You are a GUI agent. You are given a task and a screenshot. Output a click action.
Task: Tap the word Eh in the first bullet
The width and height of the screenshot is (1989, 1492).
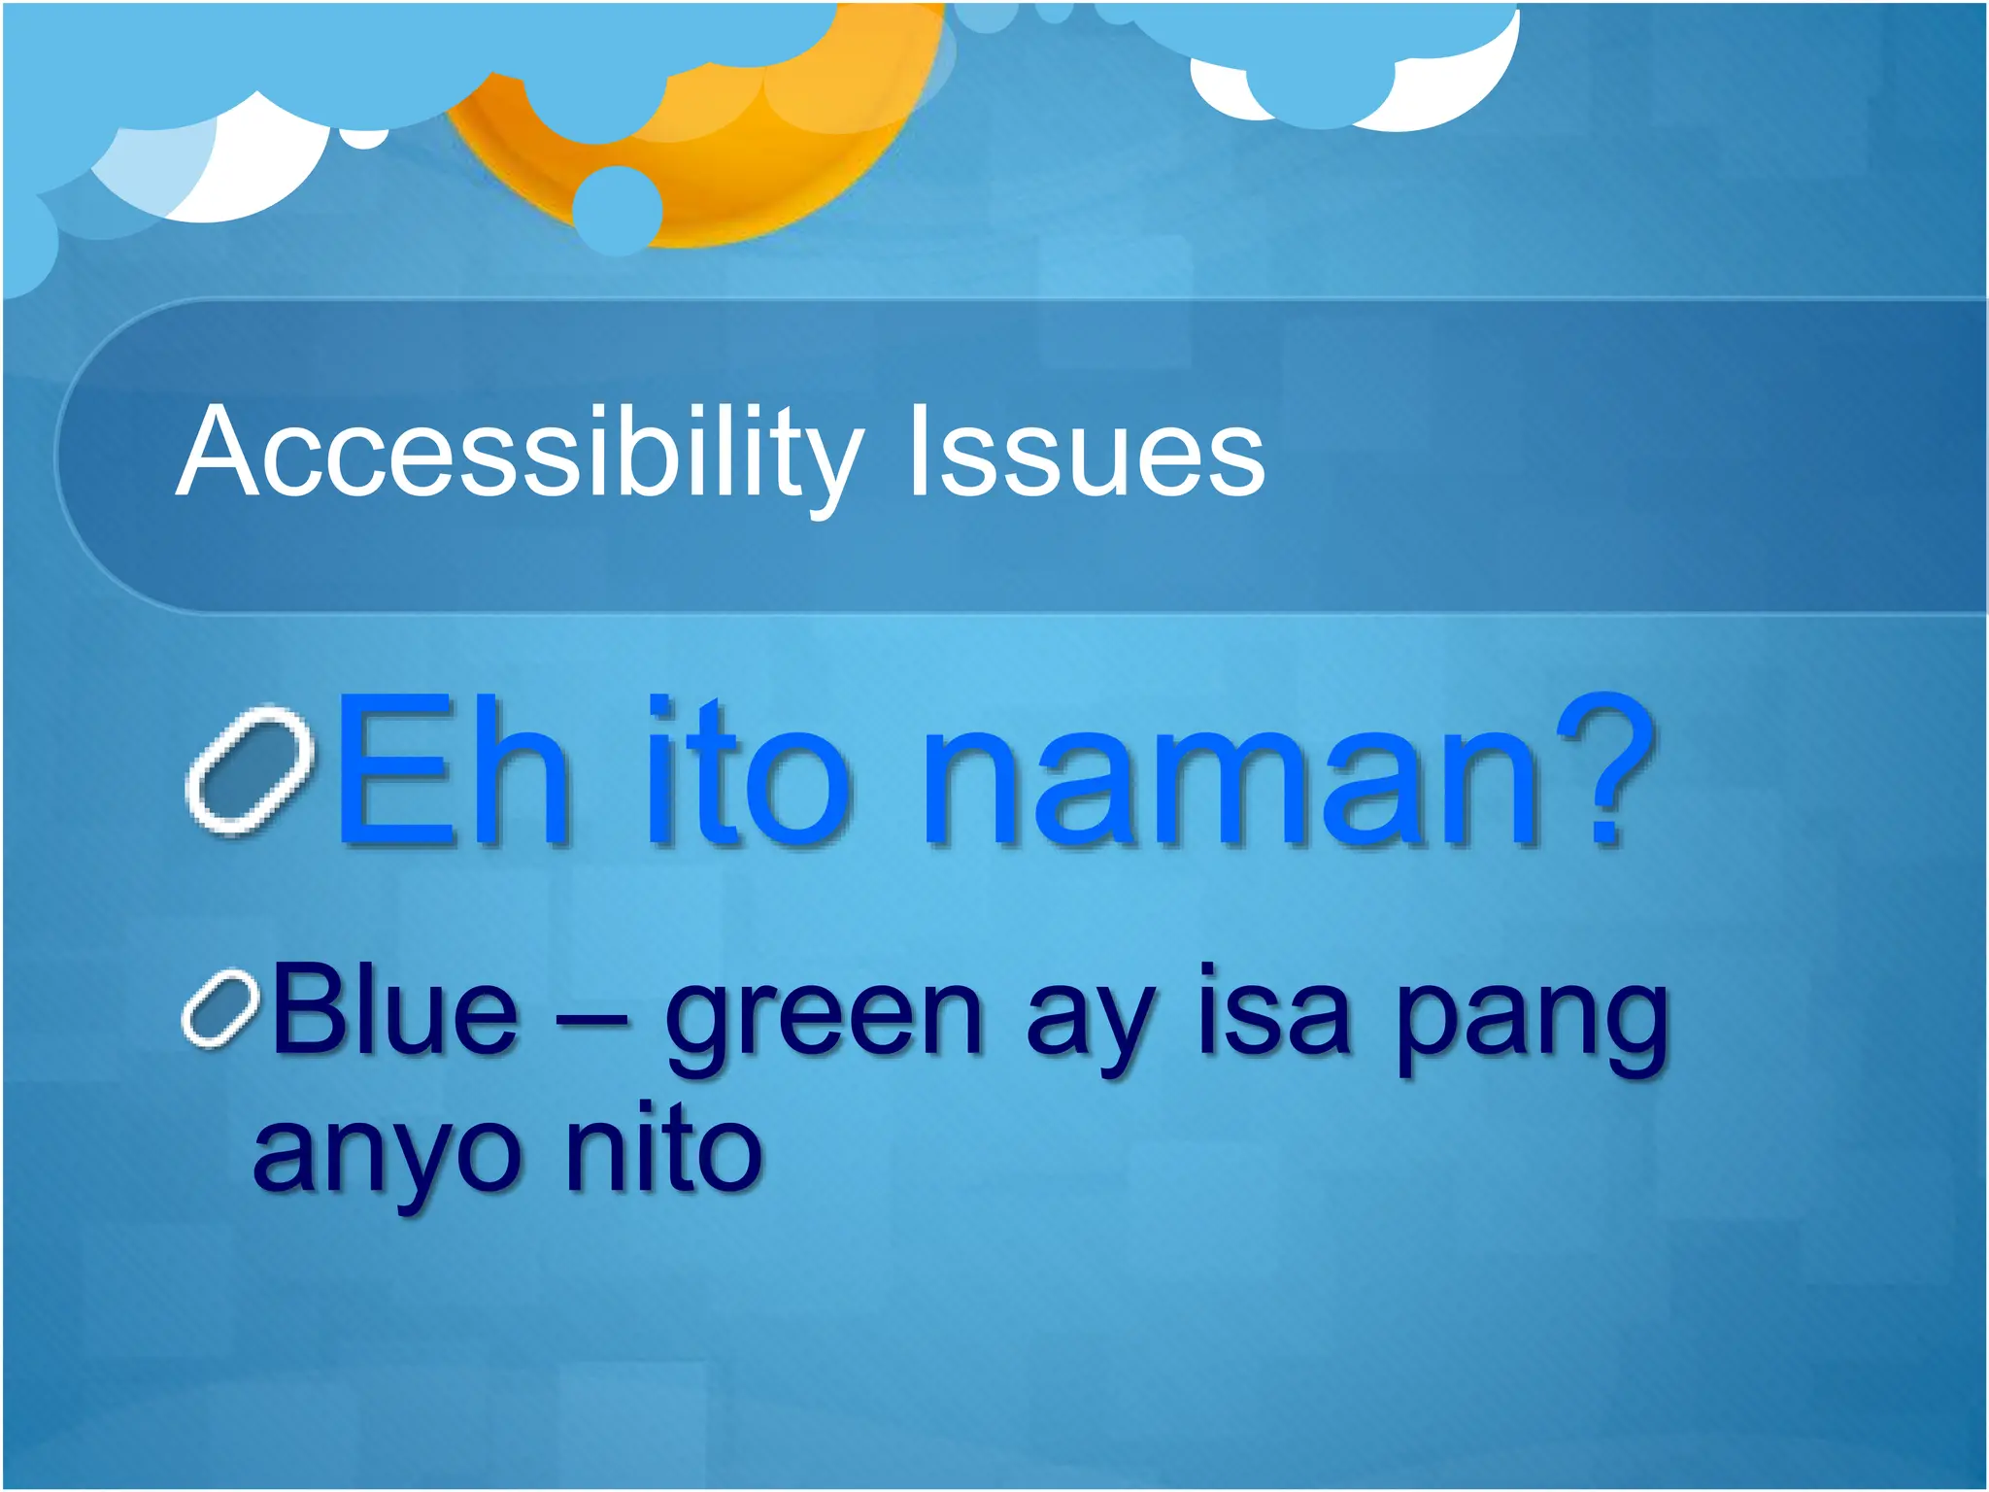coord(451,772)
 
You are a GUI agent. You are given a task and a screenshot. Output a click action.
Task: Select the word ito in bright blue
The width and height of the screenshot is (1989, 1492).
coord(748,772)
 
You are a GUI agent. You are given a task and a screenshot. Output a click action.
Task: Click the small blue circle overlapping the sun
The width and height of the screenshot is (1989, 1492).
coord(618,209)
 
